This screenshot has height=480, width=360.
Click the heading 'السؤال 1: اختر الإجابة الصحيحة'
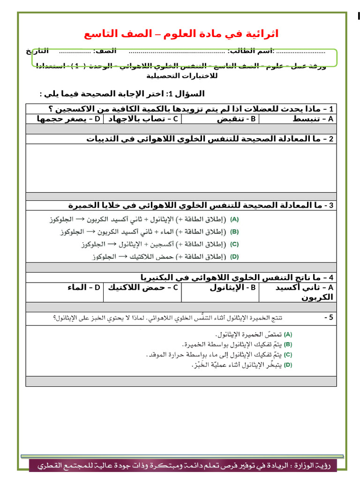[x=123, y=93]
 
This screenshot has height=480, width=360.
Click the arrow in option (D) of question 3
[x=123, y=256]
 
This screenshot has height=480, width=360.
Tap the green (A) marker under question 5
[x=288, y=335]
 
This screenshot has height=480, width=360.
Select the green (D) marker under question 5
[x=288, y=365]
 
